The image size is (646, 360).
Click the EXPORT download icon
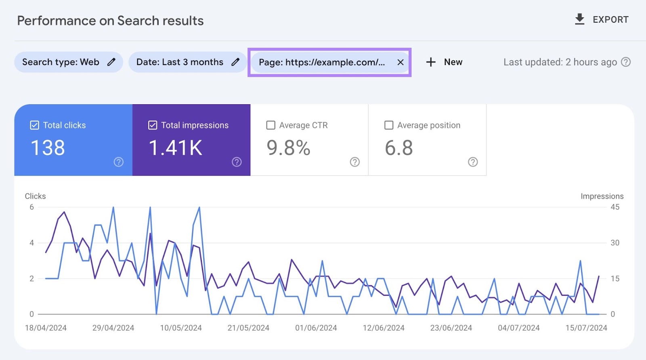[579, 19]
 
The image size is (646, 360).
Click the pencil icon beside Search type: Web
[111, 62]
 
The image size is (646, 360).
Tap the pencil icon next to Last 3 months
[235, 62]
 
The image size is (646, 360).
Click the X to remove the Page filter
[400, 62]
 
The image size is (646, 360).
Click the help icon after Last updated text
[626, 62]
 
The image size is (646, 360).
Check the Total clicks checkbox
[35, 125]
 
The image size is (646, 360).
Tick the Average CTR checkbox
[271, 125]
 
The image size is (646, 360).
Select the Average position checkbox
[389, 125]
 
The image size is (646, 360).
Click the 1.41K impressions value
[176, 148]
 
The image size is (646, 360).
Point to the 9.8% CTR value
[288, 148]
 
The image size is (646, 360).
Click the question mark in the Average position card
[473, 162]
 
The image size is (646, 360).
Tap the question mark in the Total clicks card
[118, 162]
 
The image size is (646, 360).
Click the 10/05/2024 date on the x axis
[181, 328]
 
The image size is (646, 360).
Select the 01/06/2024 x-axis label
[316, 328]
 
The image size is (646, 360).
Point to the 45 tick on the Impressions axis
[615, 207]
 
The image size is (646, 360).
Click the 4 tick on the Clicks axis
[31, 243]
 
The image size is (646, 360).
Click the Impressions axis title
[602, 196]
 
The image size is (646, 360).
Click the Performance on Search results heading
[110, 21]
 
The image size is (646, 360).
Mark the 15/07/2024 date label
[586, 328]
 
